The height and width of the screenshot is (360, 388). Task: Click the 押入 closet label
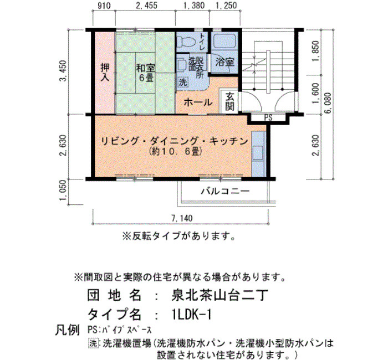(105, 72)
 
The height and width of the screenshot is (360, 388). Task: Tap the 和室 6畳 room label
(146, 73)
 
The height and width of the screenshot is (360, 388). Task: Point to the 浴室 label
(224, 61)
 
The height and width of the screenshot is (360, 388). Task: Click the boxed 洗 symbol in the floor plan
(183, 82)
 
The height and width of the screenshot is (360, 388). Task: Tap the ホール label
(198, 102)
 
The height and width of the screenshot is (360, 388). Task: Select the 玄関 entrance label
(229, 101)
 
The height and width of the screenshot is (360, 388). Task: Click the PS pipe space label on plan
(268, 117)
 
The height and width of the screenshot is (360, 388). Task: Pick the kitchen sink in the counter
(258, 153)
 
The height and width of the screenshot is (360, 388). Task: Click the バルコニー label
(225, 191)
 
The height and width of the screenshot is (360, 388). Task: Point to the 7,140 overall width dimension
(182, 218)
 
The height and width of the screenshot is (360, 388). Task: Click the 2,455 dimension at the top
(146, 5)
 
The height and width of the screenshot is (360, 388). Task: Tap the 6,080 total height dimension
(328, 104)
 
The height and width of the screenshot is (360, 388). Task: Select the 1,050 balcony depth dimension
(63, 191)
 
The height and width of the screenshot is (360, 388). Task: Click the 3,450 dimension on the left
(63, 71)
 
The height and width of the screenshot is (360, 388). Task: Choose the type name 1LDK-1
(192, 315)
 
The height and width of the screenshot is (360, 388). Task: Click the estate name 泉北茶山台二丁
(219, 295)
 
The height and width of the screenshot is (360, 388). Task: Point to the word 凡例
(67, 330)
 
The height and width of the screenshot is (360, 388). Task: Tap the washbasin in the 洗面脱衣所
(182, 65)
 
